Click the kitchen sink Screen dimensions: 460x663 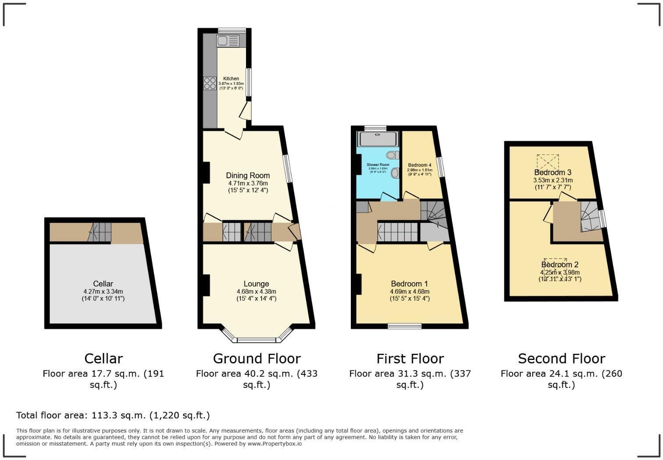[228, 41]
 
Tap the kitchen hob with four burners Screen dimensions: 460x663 [210, 83]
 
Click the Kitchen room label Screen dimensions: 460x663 [231, 79]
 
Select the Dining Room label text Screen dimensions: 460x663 [248, 176]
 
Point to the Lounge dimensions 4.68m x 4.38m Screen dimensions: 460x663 [256, 291]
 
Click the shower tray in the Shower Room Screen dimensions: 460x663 [378, 139]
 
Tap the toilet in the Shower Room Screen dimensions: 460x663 [393, 155]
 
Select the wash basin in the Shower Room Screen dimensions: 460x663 [395, 173]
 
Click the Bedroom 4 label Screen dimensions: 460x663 [419, 165]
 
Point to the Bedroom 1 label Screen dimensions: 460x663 [409, 284]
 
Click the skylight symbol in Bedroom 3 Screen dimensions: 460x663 [548, 162]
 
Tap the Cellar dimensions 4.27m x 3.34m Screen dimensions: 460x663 [103, 291]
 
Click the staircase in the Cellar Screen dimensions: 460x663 [100, 232]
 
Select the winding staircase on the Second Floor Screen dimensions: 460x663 [590, 216]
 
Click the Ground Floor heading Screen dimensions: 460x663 [257, 359]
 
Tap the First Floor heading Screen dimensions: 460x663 [410, 359]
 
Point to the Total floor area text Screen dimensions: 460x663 [113, 415]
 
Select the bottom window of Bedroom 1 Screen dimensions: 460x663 [404, 326]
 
